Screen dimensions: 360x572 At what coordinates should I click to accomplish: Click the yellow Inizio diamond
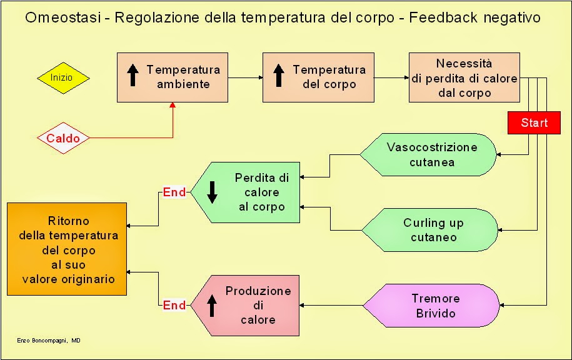click(x=63, y=78)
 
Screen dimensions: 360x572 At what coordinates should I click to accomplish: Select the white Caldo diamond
click(x=63, y=137)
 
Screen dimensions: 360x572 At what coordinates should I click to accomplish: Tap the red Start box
click(x=533, y=122)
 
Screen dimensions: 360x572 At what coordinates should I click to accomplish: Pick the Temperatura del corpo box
click(x=319, y=77)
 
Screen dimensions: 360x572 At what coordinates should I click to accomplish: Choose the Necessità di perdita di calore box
click(x=464, y=77)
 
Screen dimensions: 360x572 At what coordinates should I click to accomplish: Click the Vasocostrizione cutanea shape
click(x=429, y=154)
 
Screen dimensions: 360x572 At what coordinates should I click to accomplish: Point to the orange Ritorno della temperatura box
click(x=68, y=249)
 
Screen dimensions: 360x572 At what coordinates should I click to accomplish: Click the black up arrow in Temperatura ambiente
click(x=133, y=76)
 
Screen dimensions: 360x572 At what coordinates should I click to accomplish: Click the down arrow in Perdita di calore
click(x=212, y=192)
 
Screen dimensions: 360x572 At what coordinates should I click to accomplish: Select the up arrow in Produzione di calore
click(x=212, y=305)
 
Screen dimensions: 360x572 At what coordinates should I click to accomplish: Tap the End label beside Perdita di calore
click(x=174, y=192)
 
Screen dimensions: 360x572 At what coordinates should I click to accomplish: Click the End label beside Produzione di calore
click(x=174, y=306)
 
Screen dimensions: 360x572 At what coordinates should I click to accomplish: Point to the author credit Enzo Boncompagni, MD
click(x=49, y=340)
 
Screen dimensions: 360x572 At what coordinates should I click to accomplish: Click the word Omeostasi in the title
click(x=60, y=17)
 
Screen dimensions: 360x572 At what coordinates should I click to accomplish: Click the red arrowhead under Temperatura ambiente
click(x=172, y=106)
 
